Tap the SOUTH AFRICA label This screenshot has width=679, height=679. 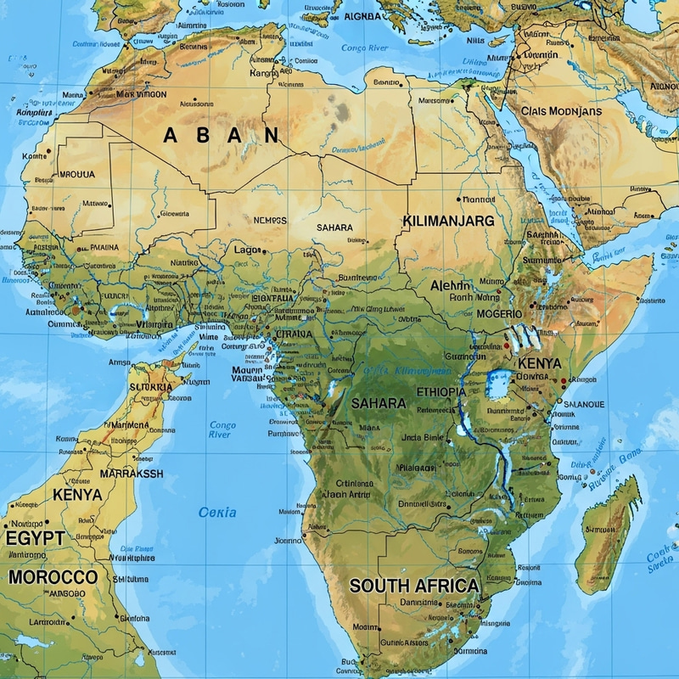pyautogui.click(x=414, y=586)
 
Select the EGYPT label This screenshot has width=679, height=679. pyautogui.click(x=35, y=538)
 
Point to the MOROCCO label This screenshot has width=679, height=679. pyautogui.click(x=53, y=577)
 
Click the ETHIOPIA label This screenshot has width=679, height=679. pyautogui.click(x=441, y=392)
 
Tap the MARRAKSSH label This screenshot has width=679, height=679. pyautogui.click(x=132, y=474)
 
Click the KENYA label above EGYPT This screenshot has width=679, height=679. pyautogui.click(x=77, y=494)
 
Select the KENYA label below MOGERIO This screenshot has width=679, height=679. pyautogui.click(x=540, y=362)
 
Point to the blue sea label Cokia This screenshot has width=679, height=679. pyautogui.click(x=217, y=513)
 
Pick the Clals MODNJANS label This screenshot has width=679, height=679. pyautogui.click(x=561, y=111)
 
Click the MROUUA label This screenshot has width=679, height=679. pyautogui.click(x=77, y=174)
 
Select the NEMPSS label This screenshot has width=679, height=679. pyautogui.click(x=270, y=220)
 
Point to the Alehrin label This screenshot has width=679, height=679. pyautogui.click(x=450, y=285)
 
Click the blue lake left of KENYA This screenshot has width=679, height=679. pyautogui.click(x=500, y=384)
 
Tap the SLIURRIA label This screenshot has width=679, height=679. pyautogui.click(x=150, y=387)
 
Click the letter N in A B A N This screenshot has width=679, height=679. pyautogui.click(x=272, y=135)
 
